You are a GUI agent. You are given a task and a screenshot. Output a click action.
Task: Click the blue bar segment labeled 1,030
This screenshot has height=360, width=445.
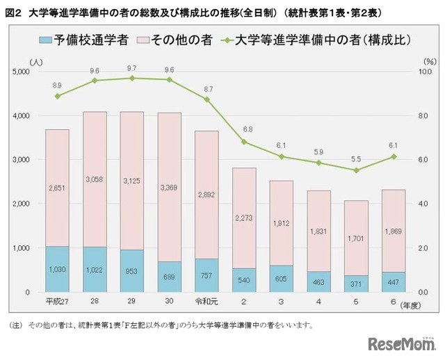57,269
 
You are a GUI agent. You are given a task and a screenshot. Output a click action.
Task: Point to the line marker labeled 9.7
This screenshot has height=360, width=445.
132,78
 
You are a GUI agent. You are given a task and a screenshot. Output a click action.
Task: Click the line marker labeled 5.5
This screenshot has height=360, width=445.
356,170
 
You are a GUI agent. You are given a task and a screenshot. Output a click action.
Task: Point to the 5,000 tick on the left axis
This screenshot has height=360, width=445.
22,72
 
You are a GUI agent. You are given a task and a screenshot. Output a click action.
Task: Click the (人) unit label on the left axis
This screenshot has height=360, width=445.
36,61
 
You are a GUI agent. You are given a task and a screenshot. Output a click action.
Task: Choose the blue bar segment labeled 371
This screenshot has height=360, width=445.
356,284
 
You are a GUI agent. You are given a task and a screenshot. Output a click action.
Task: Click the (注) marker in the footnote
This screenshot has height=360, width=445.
15,325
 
